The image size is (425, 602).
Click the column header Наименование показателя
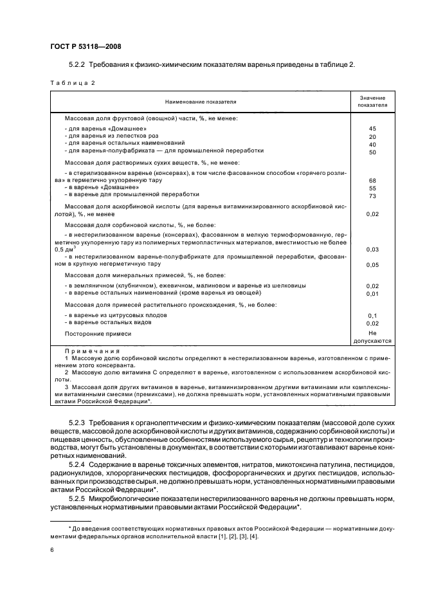tap(200, 102)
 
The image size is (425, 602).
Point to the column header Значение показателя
tap(372, 102)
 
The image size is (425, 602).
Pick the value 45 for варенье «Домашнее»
tap(372, 129)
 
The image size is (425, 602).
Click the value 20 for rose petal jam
tap(372, 137)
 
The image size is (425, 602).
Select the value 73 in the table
tap(372, 196)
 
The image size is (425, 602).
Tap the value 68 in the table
tap(372, 180)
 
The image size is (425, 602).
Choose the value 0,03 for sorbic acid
tap(372, 249)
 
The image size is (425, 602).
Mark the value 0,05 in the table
tap(372, 264)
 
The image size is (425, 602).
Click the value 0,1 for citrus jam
tap(372, 316)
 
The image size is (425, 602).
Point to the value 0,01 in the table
tap(372, 293)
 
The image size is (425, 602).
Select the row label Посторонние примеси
tap(98, 334)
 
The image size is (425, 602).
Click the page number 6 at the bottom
tap(52, 551)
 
